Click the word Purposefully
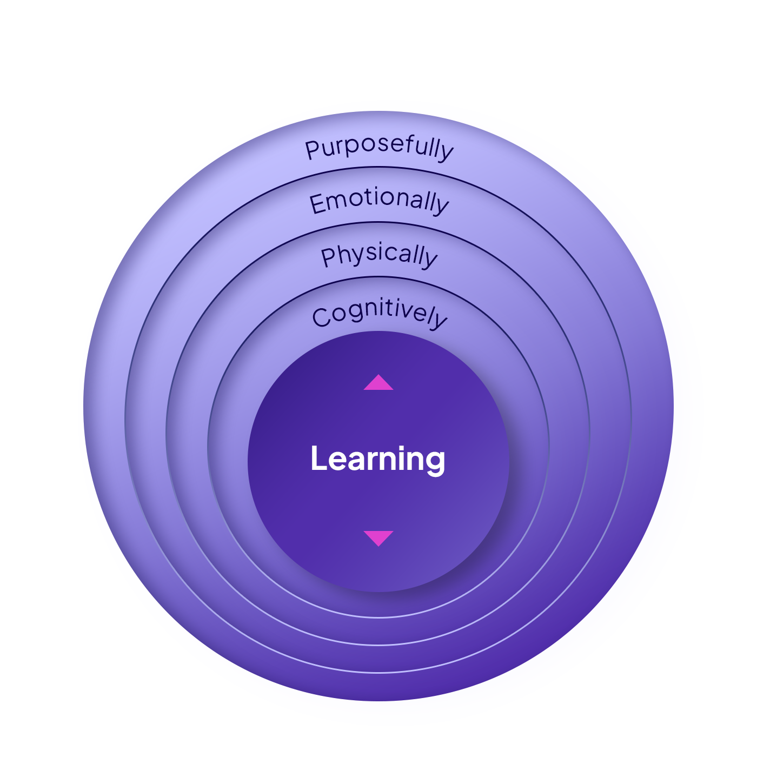(379, 148)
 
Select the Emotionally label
(379, 202)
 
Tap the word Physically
(379, 255)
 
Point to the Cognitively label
(379, 314)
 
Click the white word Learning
(378, 459)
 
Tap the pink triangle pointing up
(378, 383)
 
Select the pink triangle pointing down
(378, 537)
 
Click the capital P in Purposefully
(313, 150)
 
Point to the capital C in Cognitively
(321, 317)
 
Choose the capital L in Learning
(318, 459)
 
